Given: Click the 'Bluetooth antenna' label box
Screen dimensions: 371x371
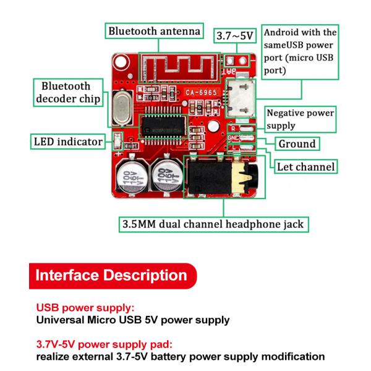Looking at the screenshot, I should coord(154,30).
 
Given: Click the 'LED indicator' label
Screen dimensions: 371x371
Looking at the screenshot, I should coord(68,142).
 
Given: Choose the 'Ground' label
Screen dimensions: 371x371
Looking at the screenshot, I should coord(297,144).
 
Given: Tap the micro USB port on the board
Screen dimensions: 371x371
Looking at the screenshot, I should coord(238,96).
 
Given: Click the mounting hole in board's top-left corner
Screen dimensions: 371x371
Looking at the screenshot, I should coord(120,62).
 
